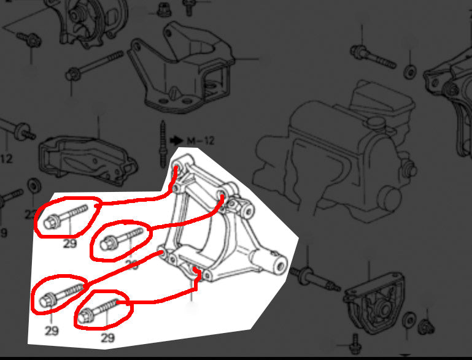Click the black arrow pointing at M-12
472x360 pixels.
click(x=177, y=140)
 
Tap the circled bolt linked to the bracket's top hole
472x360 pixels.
click(x=66, y=216)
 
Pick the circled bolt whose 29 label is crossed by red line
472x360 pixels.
click(x=120, y=239)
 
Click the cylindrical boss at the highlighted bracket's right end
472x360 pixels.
click(x=279, y=264)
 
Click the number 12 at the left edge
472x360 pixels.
click(x=6, y=159)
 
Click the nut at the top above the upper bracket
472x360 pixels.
click(x=164, y=9)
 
